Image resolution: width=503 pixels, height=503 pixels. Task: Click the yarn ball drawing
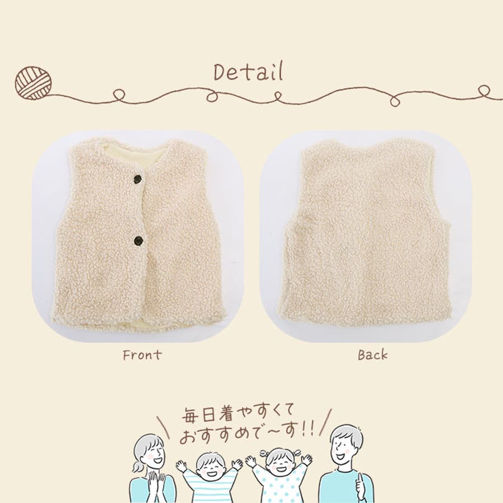[x=34, y=83]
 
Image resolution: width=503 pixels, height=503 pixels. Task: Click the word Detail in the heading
[x=249, y=72]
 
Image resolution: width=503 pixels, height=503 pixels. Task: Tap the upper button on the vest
[x=138, y=179]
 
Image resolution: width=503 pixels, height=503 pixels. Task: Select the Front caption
[x=142, y=355]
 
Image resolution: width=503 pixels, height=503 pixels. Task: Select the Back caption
[x=373, y=355]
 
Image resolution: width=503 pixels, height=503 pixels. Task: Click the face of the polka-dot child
[x=278, y=462]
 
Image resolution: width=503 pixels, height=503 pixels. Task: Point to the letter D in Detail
[x=220, y=72]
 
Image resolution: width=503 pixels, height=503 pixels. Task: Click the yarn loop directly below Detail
[x=212, y=96]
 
